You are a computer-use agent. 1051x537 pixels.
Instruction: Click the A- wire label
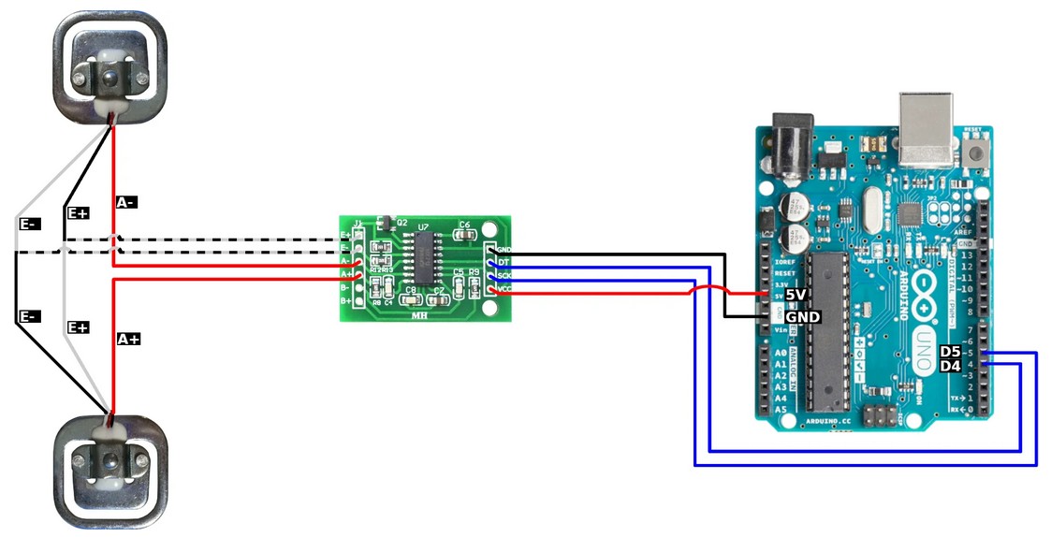pos(126,202)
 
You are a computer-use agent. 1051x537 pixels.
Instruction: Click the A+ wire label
pos(128,340)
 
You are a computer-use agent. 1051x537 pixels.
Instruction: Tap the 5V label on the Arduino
pos(795,295)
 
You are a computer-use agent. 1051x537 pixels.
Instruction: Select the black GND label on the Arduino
pos(802,317)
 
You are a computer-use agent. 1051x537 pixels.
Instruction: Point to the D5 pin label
pos(950,352)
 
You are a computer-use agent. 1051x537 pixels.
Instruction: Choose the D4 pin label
pos(950,366)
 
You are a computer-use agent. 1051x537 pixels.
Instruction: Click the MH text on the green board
pos(420,315)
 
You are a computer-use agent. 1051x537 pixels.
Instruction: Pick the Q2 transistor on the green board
pos(381,224)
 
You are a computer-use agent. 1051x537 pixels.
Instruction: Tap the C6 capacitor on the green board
pos(464,229)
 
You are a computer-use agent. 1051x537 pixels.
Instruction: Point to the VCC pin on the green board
pos(489,289)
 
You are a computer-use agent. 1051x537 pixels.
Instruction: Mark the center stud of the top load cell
pos(110,77)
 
